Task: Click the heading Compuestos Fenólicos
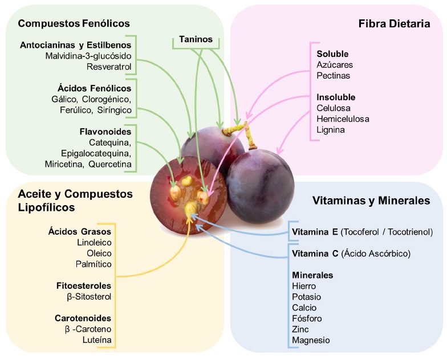[x=74, y=23]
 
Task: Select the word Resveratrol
[x=109, y=67]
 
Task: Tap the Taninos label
[x=196, y=40]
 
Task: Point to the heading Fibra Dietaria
[x=393, y=23]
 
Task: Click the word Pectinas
[x=334, y=75]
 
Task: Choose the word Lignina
[x=331, y=130]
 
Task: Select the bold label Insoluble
[x=336, y=97]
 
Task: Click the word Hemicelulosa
[x=343, y=119]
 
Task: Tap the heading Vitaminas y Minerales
[x=371, y=201]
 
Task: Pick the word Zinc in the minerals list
[x=301, y=329]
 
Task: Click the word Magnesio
[x=311, y=340]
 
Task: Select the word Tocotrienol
[x=408, y=232]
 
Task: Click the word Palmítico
[x=94, y=264]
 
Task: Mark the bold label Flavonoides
[x=105, y=132]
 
